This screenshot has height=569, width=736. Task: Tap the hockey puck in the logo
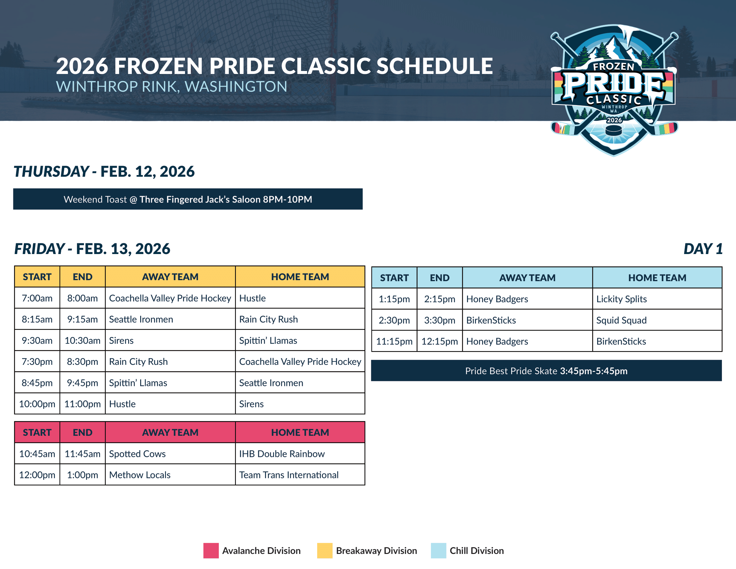tap(614, 130)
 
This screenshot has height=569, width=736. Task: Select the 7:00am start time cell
tap(37, 298)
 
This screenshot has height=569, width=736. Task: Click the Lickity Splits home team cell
tap(657, 299)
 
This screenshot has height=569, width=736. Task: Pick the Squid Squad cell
tap(657, 320)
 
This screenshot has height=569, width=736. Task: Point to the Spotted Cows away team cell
tap(170, 454)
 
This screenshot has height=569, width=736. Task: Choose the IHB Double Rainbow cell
tap(300, 454)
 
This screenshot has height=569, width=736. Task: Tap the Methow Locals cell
tap(170, 475)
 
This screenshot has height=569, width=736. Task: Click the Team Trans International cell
tap(300, 475)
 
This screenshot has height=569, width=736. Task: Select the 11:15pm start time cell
tap(394, 341)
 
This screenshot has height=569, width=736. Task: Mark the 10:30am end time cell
tap(83, 340)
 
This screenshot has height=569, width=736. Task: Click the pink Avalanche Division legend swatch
tap(211, 551)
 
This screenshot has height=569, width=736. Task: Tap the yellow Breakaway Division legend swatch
tap(325, 551)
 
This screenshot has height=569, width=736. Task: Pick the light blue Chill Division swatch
tap(439, 551)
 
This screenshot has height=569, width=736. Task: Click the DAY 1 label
tap(703, 249)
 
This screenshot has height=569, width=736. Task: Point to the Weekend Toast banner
tap(188, 199)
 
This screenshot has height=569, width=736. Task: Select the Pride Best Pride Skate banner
tap(546, 371)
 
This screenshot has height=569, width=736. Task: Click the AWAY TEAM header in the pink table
tap(170, 432)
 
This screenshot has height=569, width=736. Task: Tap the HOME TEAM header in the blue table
tap(657, 278)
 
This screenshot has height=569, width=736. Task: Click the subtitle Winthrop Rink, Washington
tap(172, 87)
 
